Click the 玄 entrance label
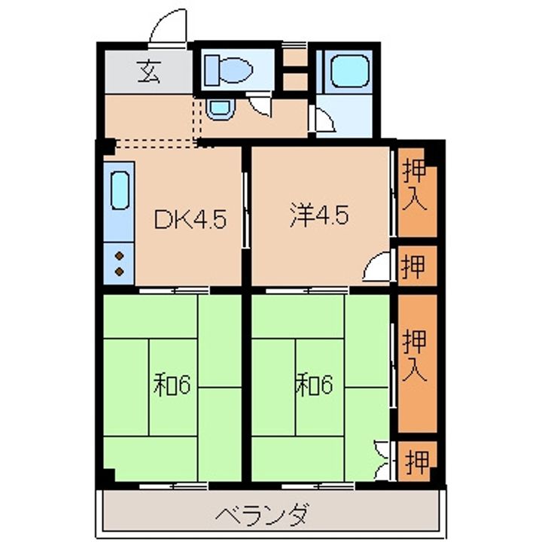click(x=149, y=72)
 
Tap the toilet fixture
click(x=228, y=70)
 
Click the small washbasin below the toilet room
click(x=220, y=108)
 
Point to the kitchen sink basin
click(x=120, y=190)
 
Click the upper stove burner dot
click(x=119, y=256)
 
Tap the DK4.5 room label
click(x=190, y=220)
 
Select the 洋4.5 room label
click(x=319, y=216)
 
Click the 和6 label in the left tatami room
click(x=172, y=385)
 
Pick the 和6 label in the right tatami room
click(x=314, y=385)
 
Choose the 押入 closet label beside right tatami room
click(x=415, y=356)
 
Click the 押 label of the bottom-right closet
click(x=417, y=461)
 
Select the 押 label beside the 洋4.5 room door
click(x=413, y=266)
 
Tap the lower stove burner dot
click(x=119, y=272)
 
